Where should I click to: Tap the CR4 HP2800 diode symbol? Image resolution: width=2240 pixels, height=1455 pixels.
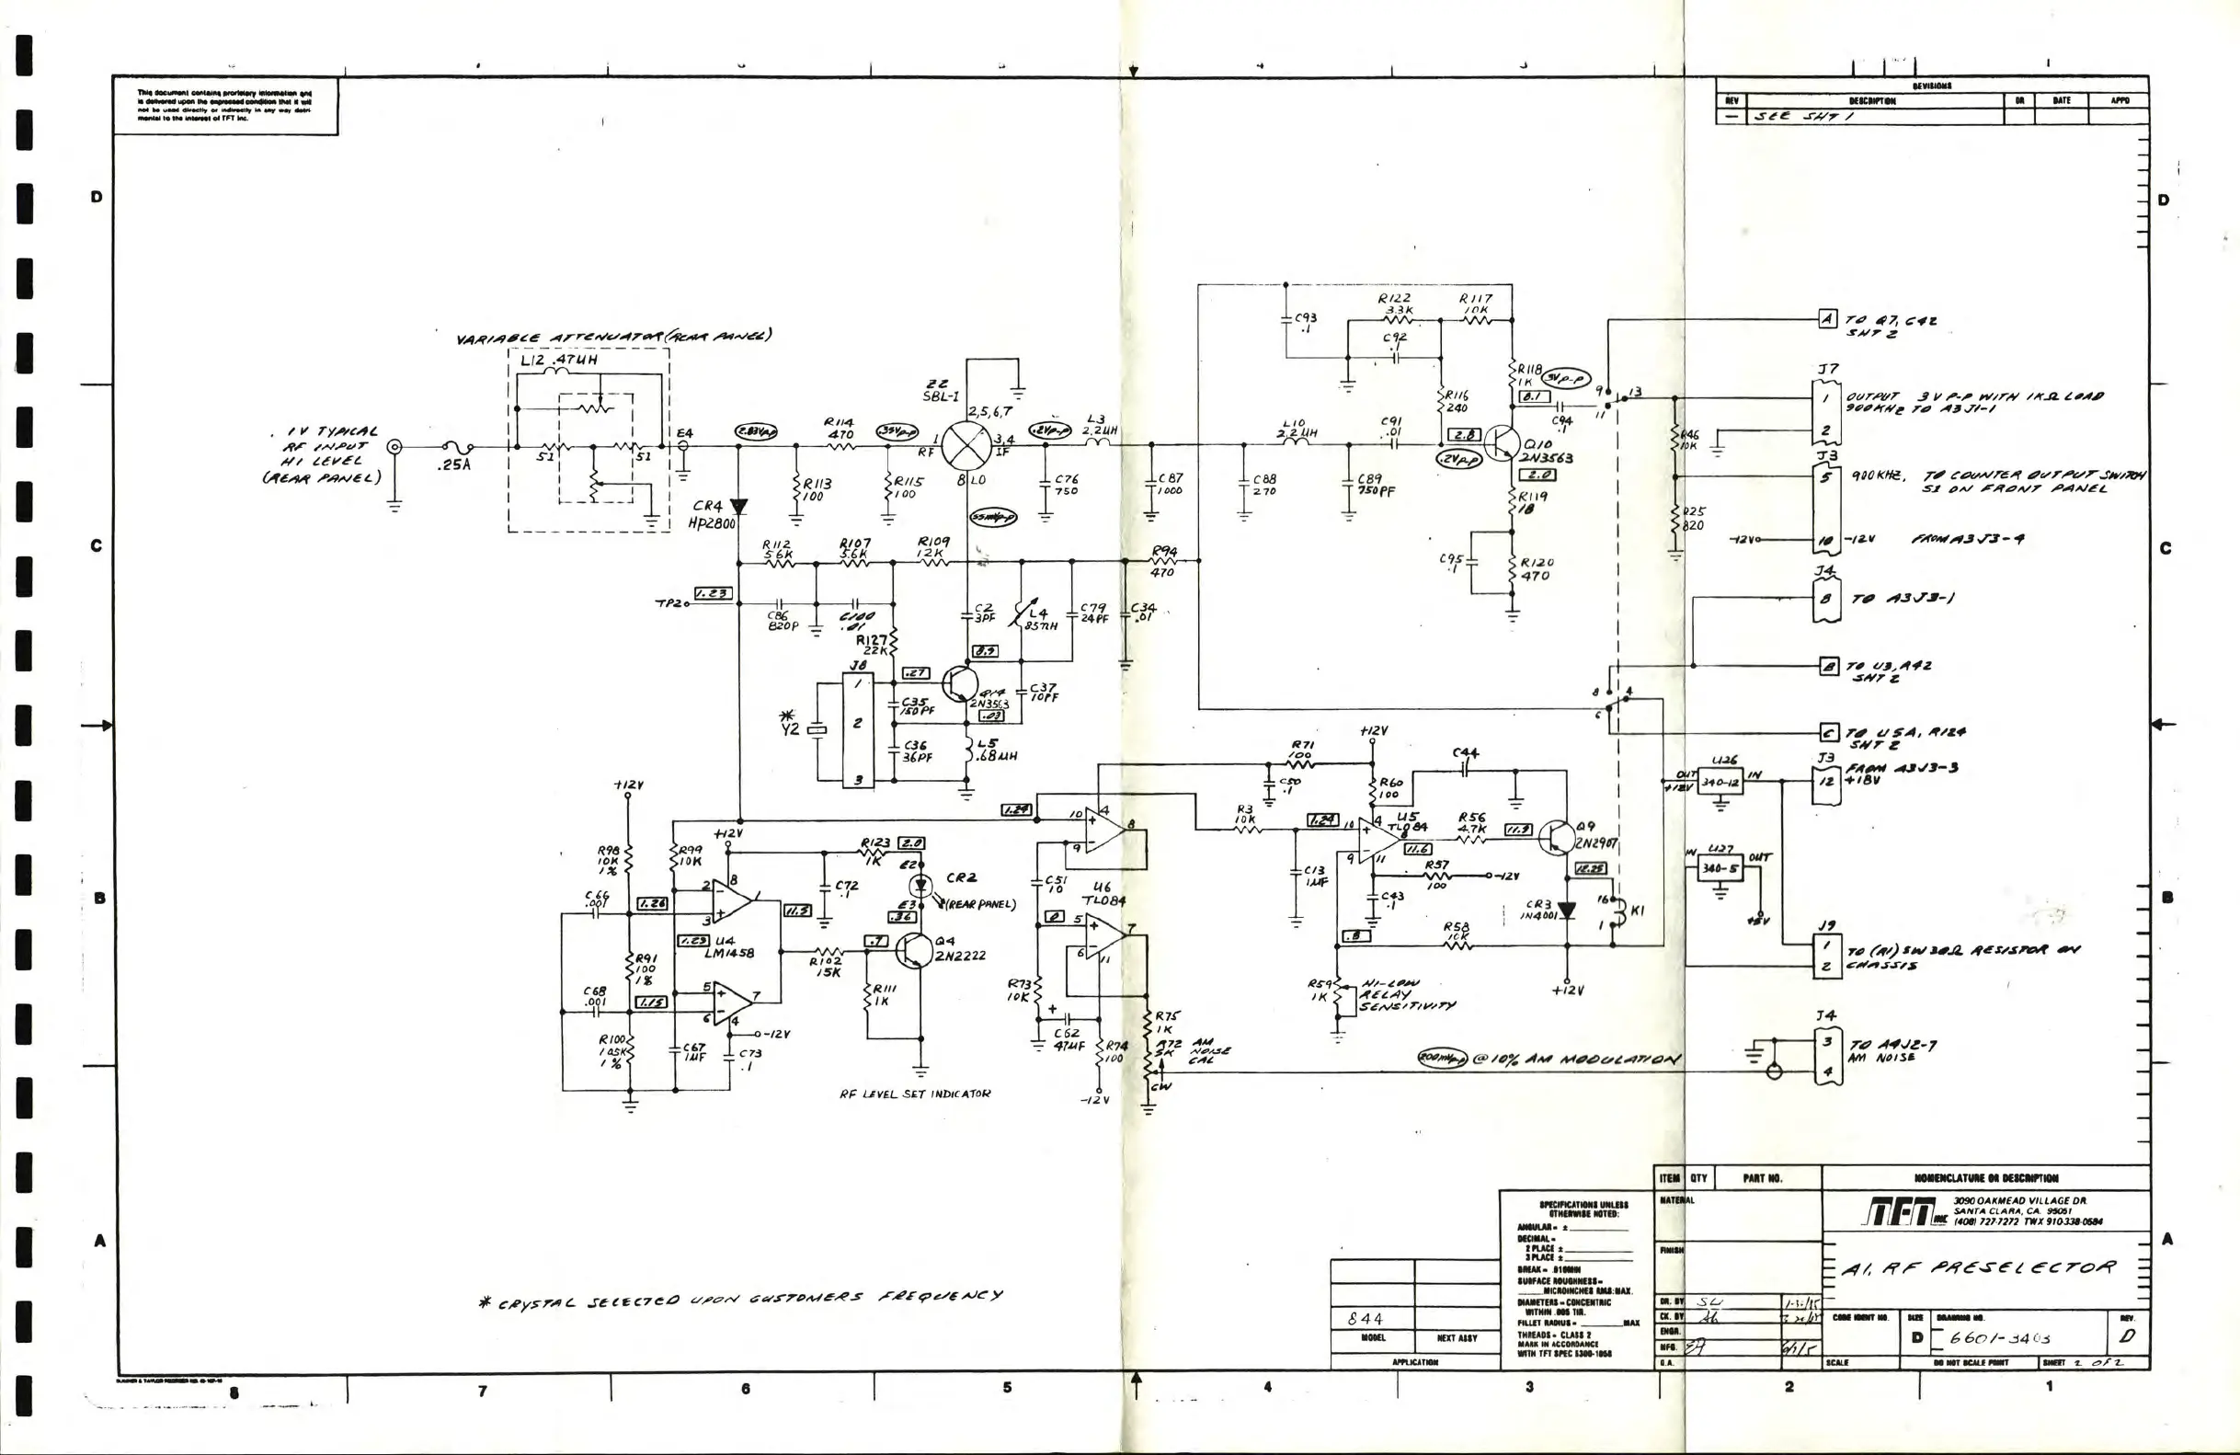tap(738, 507)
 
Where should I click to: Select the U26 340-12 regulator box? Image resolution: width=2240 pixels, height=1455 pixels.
tap(1720, 782)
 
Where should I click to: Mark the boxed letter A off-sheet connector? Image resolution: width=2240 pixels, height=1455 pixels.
tap(1827, 318)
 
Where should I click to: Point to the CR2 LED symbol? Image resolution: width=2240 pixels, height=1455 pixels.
tap(920, 886)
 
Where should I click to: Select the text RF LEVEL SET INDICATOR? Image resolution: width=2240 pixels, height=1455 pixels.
tap(915, 1094)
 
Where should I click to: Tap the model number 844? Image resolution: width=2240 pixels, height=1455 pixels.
tap(1365, 1319)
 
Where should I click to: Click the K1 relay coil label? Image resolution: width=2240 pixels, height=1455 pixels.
tap(1637, 911)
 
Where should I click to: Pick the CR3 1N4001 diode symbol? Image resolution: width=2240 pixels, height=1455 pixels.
tap(1566, 911)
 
